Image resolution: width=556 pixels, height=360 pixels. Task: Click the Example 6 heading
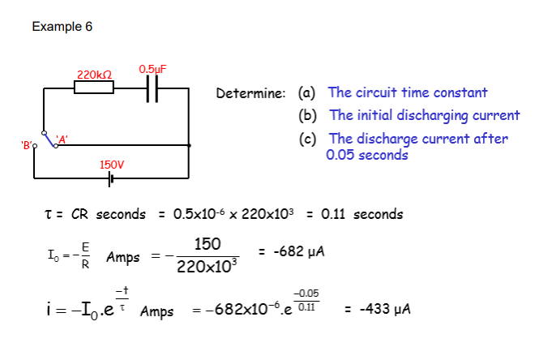62,27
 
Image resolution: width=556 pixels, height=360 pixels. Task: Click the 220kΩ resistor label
94,75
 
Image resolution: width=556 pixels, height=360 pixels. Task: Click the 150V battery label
112,165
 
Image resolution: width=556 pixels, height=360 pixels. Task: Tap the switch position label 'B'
27,146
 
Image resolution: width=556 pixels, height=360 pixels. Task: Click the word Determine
250,94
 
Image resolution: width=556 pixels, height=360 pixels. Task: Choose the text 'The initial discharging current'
424,116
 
